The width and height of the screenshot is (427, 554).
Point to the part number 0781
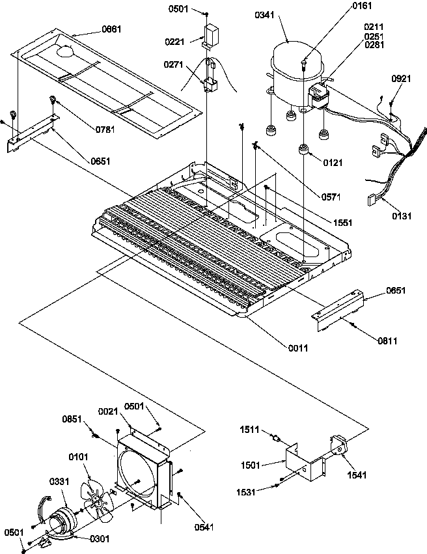(x=104, y=128)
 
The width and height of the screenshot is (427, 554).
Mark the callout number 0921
(x=401, y=79)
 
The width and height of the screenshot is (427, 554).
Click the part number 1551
(x=342, y=222)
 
